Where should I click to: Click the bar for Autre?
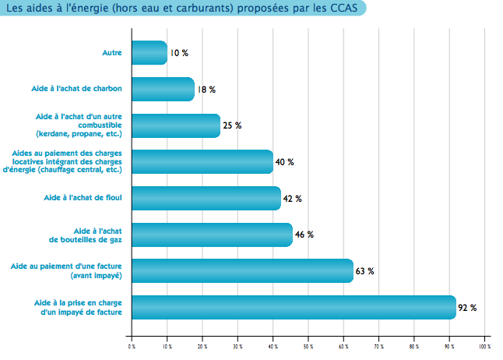coord(149,53)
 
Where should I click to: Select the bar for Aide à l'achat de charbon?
coord(163,89)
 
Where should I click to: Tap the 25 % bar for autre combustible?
coord(176,125)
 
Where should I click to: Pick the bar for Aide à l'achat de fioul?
coord(206,198)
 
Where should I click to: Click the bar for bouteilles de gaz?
coord(212,235)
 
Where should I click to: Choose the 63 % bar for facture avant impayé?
coord(242,270)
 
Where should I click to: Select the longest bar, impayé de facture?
coord(293,307)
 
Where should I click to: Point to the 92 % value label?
coord(467,308)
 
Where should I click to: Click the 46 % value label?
coord(304,235)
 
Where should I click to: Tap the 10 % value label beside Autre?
coord(179,53)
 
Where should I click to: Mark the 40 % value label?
coord(284,162)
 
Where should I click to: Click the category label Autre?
coord(112,53)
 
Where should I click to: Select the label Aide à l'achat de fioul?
coord(84,198)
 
